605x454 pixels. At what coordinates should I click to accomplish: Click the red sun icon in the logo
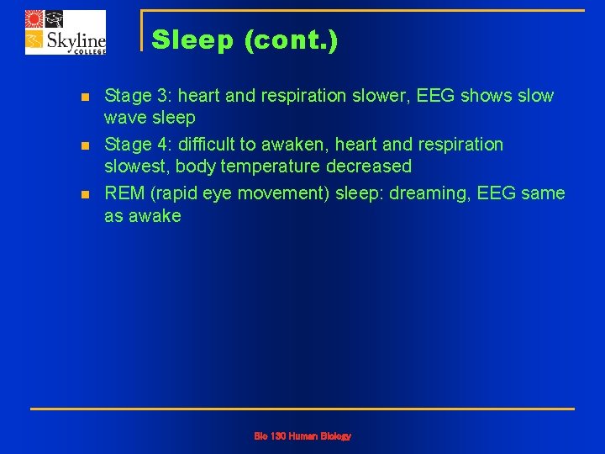[x=34, y=19]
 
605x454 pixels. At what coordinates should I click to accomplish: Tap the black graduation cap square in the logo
[x=55, y=19]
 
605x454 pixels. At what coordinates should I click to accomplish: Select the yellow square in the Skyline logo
[x=34, y=40]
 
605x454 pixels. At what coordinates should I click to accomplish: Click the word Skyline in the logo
[x=75, y=40]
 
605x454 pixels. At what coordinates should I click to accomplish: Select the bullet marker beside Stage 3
[x=84, y=98]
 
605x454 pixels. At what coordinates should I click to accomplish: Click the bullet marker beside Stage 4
[x=84, y=146]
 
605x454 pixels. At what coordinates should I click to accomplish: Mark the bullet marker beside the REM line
[x=84, y=195]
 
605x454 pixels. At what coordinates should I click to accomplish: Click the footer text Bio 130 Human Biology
[x=302, y=436]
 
